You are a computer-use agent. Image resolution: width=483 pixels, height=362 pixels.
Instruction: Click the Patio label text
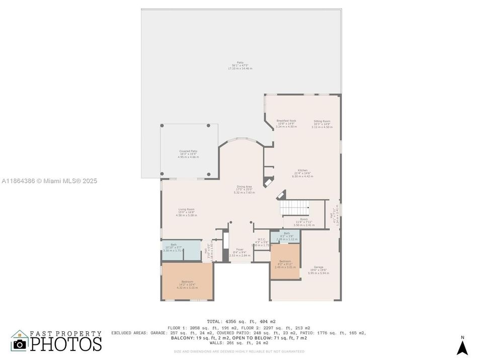tap(240, 65)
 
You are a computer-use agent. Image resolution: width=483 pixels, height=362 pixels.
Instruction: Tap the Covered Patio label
tap(188, 153)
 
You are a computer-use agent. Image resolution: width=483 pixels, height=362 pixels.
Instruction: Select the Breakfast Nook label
tap(286, 124)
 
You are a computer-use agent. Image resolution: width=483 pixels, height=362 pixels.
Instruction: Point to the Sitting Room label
tap(322, 124)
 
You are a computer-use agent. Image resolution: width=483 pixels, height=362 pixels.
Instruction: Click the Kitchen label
tap(302, 173)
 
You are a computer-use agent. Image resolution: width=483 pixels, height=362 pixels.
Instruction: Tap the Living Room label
tap(186, 212)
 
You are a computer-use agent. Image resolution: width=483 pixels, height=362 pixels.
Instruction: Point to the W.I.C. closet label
tap(262, 241)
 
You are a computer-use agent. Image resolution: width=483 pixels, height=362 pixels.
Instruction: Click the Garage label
tap(318, 269)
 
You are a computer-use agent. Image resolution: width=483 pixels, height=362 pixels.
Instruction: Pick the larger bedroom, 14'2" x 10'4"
tap(187, 284)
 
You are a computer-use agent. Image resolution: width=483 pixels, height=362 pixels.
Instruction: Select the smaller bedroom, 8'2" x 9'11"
tap(285, 264)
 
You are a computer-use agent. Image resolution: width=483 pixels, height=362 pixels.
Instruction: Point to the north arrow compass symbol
tap(462, 346)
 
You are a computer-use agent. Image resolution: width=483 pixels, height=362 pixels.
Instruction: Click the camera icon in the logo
tap(20, 344)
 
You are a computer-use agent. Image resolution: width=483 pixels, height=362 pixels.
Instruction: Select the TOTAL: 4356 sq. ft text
tap(241, 321)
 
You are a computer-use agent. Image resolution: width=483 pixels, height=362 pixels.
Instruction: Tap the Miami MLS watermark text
tap(49, 181)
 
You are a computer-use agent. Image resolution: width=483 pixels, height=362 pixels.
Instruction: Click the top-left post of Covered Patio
tap(162, 126)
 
